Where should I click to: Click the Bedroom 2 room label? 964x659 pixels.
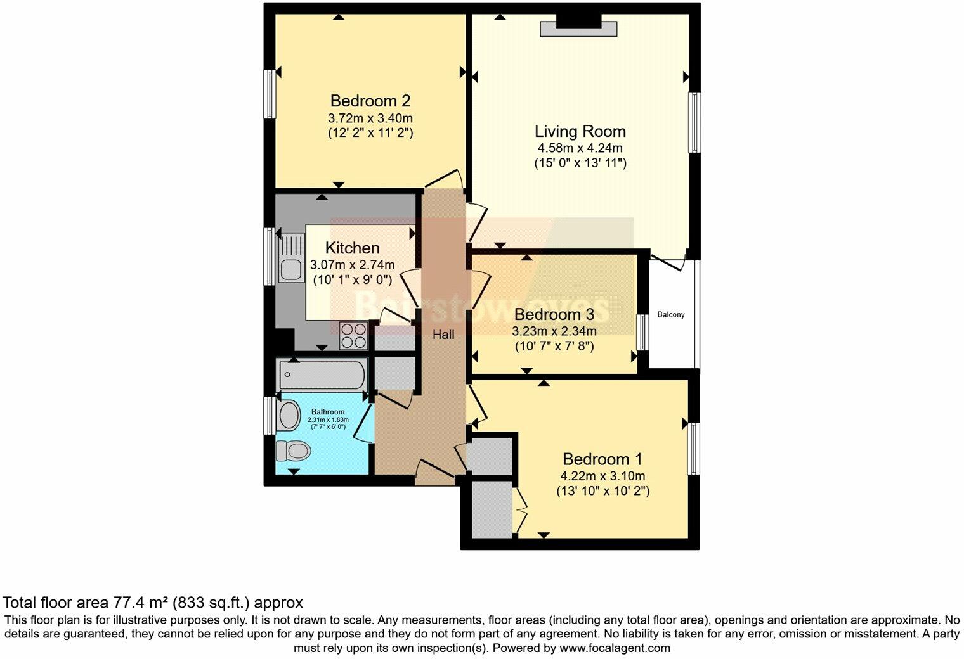click(x=370, y=101)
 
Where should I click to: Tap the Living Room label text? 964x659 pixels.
click(x=580, y=131)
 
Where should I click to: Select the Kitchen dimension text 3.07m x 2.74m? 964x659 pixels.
click(x=352, y=265)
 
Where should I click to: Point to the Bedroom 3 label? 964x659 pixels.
click(x=554, y=314)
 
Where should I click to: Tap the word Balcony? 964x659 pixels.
click(x=670, y=315)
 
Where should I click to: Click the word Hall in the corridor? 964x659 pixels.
click(x=443, y=335)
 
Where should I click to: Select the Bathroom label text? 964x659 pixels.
click(x=328, y=412)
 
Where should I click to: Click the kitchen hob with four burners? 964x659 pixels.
click(x=354, y=335)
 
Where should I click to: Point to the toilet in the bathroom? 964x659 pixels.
click(x=292, y=451)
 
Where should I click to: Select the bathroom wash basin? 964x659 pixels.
click(x=289, y=416)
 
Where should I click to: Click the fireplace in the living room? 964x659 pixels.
click(x=578, y=28)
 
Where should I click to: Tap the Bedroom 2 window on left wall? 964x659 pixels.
click(x=271, y=94)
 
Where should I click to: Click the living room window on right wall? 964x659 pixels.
click(x=695, y=122)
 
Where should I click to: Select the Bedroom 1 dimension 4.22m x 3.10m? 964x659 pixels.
click(x=602, y=476)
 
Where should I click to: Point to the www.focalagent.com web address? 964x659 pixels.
click(x=615, y=648)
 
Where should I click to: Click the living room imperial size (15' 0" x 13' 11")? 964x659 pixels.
click(x=580, y=163)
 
